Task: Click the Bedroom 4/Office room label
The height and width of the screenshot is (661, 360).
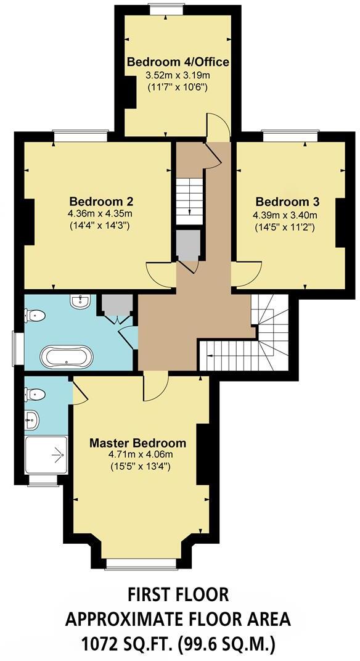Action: click(x=178, y=62)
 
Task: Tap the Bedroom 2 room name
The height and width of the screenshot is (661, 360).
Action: click(x=101, y=202)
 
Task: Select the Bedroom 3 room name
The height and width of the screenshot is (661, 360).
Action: click(x=287, y=202)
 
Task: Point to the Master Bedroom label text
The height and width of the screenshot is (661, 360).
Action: click(x=137, y=443)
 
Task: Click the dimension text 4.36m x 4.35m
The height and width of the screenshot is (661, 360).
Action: click(x=100, y=213)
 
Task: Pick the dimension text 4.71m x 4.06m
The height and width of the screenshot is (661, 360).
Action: click(x=137, y=455)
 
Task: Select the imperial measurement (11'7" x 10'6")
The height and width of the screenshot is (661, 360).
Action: click(x=178, y=87)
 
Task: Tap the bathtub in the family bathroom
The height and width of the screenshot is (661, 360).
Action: click(x=67, y=356)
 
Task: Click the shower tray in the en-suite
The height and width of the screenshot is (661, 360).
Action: click(x=46, y=455)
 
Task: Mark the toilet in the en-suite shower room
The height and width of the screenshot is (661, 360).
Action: click(x=35, y=393)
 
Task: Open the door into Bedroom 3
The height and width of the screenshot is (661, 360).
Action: click(x=247, y=275)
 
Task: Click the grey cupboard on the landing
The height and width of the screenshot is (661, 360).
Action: click(x=187, y=245)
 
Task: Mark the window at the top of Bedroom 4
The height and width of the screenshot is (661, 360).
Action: click(x=167, y=9)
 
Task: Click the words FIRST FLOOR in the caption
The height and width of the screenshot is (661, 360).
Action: click(x=178, y=594)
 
